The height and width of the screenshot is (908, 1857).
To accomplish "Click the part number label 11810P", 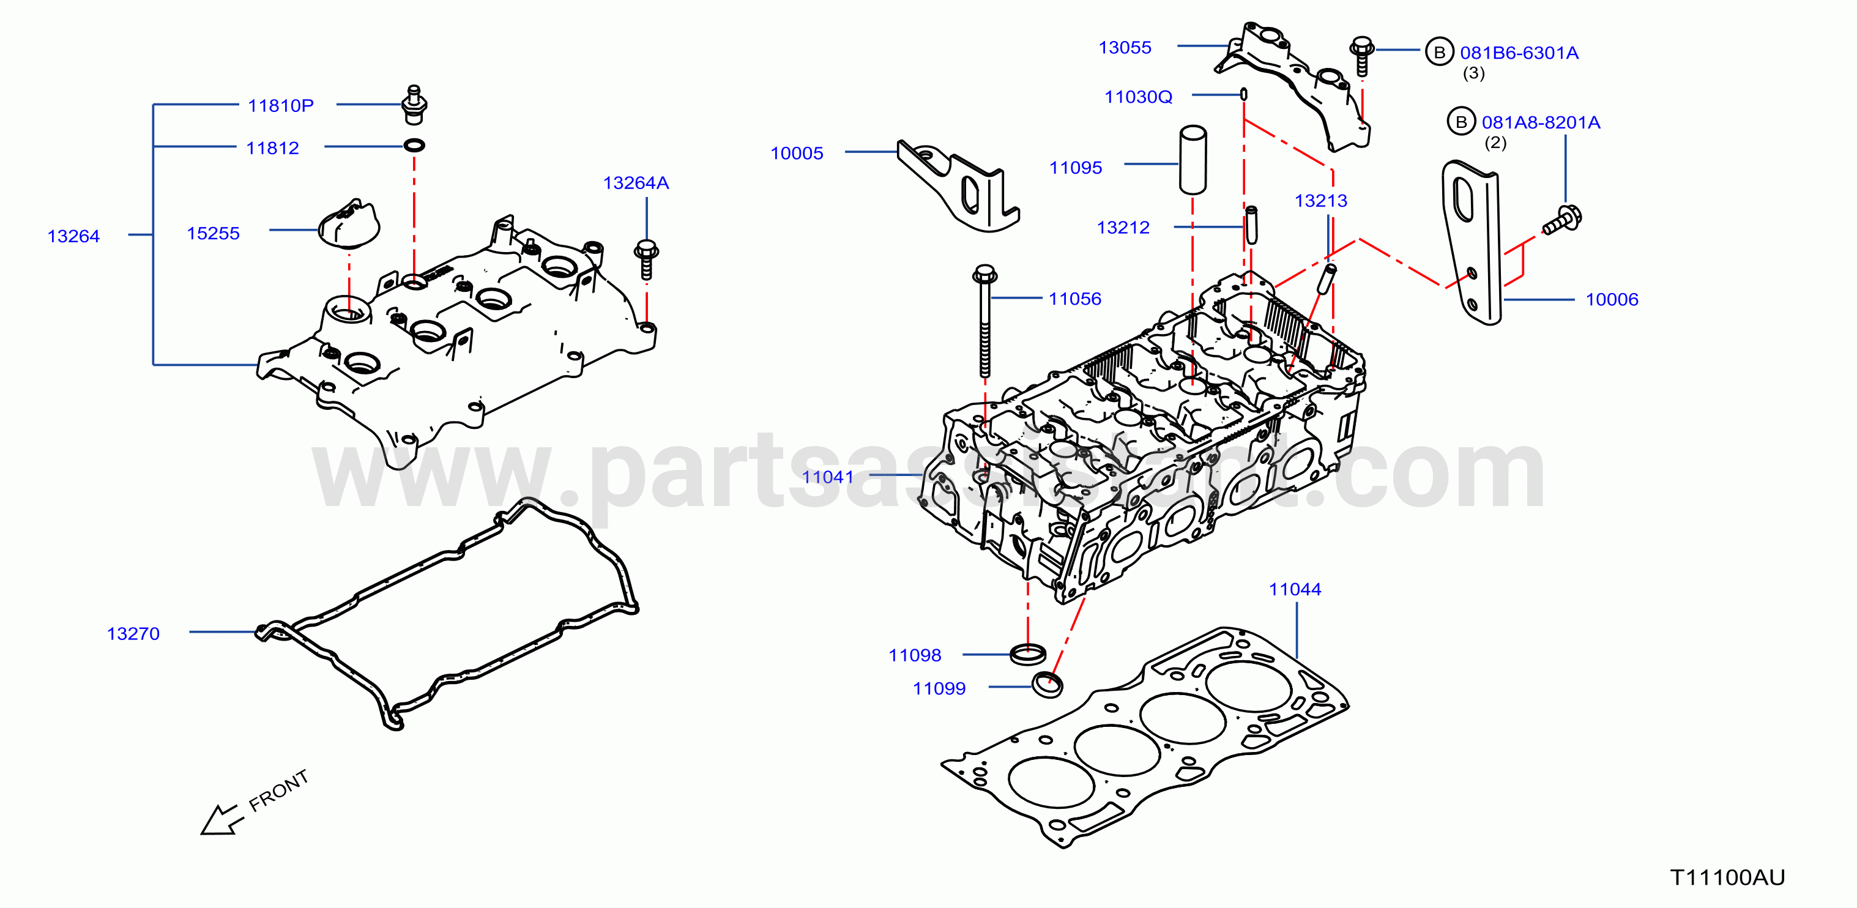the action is pyautogui.click(x=280, y=106).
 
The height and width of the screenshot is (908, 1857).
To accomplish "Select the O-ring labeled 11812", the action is pyautogui.click(x=414, y=146).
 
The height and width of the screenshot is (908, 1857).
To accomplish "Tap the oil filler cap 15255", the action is pyautogui.click(x=349, y=223).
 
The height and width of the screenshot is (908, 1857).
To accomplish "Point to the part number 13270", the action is pyautogui.click(x=133, y=633).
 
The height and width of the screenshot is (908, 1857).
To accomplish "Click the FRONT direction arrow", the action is pyautogui.click(x=219, y=819).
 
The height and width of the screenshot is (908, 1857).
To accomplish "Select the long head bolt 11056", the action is pyautogui.click(x=984, y=321).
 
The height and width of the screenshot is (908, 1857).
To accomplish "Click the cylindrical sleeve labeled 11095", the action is pyautogui.click(x=1193, y=160).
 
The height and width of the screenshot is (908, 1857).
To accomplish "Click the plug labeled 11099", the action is pyautogui.click(x=1048, y=684).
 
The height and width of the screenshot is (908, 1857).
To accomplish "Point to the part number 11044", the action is pyautogui.click(x=1295, y=589).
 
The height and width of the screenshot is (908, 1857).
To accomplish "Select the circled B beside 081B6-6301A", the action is pyautogui.click(x=1440, y=52).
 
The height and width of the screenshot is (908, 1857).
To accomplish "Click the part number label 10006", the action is pyautogui.click(x=1612, y=300).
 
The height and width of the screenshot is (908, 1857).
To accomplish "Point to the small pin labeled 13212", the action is pyautogui.click(x=1251, y=225).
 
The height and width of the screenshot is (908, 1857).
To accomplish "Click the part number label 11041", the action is pyautogui.click(x=828, y=477).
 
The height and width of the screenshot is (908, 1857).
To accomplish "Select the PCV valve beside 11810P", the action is pyautogui.click(x=414, y=105).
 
